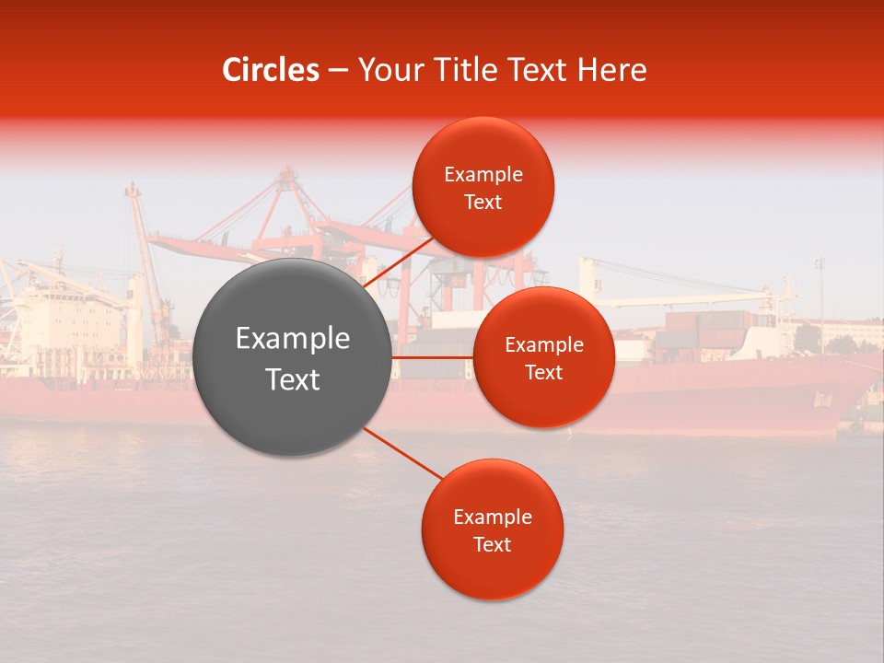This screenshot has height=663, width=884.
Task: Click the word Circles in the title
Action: (x=271, y=70)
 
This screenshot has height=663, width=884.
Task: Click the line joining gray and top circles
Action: (x=399, y=260)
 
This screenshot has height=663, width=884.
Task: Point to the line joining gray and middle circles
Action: (x=433, y=357)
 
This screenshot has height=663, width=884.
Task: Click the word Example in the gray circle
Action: (x=293, y=339)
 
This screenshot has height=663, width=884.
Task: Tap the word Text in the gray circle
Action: (x=293, y=379)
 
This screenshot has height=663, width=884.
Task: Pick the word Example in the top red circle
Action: (x=483, y=175)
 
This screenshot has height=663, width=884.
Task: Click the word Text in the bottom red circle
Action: (x=492, y=545)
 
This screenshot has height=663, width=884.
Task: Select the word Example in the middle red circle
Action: (x=544, y=345)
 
